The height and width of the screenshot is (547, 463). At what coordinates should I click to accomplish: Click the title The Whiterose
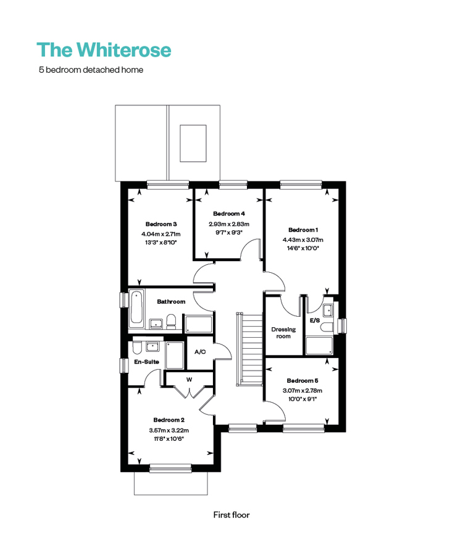click(x=104, y=49)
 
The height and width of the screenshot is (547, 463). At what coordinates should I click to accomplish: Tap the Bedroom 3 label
click(x=161, y=224)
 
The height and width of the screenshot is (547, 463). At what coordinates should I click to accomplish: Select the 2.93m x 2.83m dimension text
click(x=229, y=224)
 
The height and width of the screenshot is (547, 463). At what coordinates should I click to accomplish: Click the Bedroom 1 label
click(x=303, y=230)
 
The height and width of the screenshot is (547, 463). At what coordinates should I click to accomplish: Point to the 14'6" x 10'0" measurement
click(x=303, y=248)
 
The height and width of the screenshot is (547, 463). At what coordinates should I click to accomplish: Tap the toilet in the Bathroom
click(x=171, y=322)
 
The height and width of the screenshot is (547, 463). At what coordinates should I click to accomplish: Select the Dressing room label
click(x=283, y=333)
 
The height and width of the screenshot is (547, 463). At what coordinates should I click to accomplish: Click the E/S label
click(x=315, y=320)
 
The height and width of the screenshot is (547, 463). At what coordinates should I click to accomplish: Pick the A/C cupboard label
click(x=200, y=352)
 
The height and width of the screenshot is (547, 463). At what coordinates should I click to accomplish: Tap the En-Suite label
click(x=146, y=362)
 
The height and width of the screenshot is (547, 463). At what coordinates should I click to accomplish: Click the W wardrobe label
click(x=189, y=380)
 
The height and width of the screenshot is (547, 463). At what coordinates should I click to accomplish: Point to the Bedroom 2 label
click(x=169, y=420)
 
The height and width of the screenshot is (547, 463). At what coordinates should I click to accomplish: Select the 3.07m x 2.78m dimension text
click(x=302, y=391)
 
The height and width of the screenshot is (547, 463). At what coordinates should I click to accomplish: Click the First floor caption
click(x=231, y=515)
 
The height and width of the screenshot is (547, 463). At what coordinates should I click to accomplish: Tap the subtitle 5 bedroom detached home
click(x=91, y=70)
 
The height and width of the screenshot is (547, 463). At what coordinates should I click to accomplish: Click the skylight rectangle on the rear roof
click(x=193, y=143)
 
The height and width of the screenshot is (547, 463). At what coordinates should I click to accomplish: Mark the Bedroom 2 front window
click(x=170, y=468)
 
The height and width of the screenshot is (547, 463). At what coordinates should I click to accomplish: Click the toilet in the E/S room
click(x=327, y=327)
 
